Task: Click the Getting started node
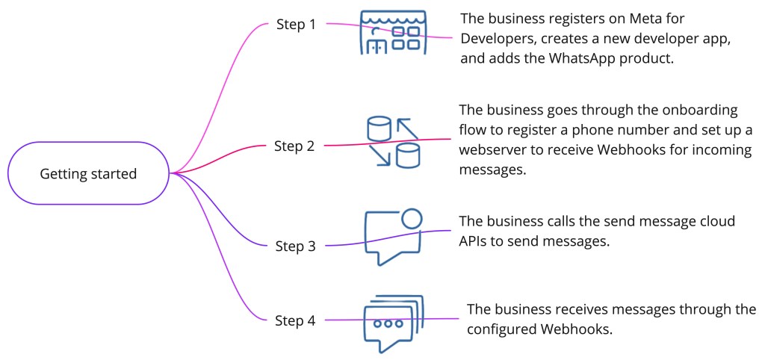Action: point(88,174)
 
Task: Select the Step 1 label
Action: point(296,25)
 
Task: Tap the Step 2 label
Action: point(295,146)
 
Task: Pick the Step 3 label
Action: point(295,246)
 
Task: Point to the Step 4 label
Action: point(295,321)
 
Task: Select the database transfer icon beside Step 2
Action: point(393,141)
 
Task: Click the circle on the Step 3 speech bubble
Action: point(412,218)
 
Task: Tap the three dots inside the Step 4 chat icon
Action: point(388,324)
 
